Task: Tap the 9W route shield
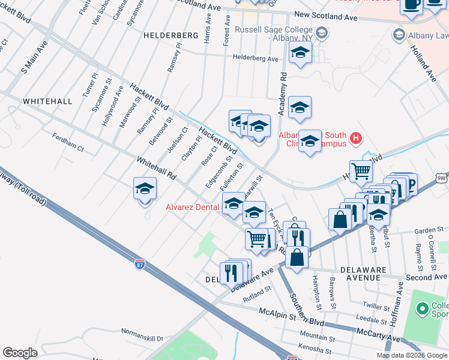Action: pyautogui.click(x=442, y=179)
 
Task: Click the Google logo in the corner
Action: pyautogui.click(x=20, y=353)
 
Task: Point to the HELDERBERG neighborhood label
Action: pyautogui.click(x=171, y=36)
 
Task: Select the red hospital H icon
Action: pyautogui.click(x=356, y=139)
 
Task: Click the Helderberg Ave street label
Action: pyautogui.click(x=256, y=59)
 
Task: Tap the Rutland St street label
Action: pyautogui.click(x=258, y=293)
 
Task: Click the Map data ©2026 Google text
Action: pyautogui.click(x=412, y=355)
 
